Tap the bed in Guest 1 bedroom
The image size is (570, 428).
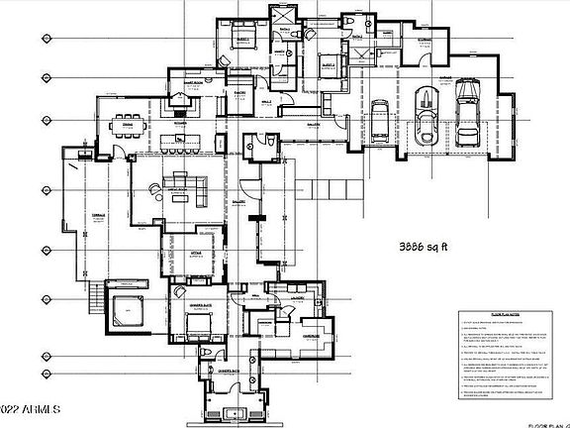[244, 41]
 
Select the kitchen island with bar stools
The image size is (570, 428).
[178, 133]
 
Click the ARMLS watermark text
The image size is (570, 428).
[30, 409]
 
